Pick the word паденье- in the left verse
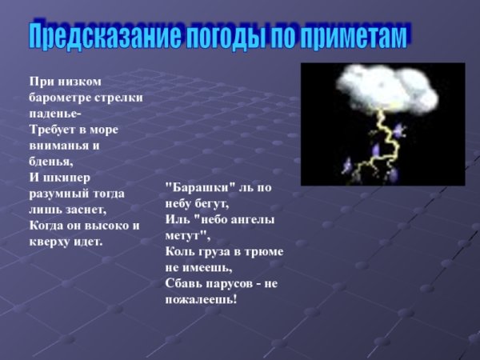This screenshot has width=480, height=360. [x=55, y=112]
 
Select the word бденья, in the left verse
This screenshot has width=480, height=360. [x=50, y=160]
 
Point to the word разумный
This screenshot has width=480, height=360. [x=60, y=193]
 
